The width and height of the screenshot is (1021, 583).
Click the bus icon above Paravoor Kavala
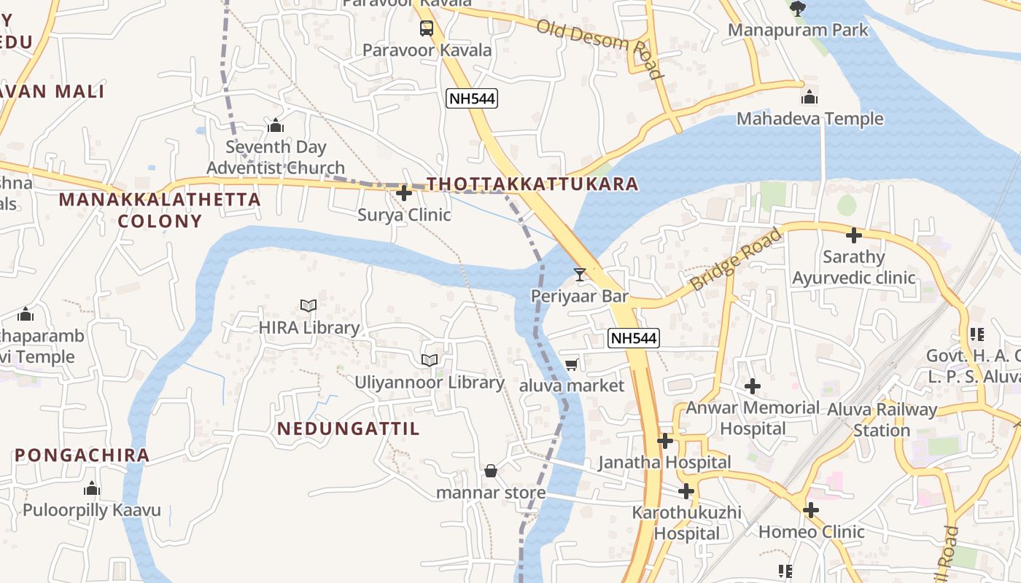click(427, 28)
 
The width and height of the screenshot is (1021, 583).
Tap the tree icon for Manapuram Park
click(798, 9)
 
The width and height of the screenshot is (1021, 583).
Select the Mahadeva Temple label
click(810, 119)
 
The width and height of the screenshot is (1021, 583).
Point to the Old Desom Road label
click(599, 48)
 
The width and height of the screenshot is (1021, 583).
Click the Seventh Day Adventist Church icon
click(275, 126)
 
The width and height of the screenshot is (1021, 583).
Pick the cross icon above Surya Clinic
click(404, 193)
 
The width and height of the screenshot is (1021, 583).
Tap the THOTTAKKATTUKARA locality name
click(532, 184)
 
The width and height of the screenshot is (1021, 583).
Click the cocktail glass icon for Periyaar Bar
click(580, 275)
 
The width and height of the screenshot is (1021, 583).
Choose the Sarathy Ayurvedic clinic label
click(853, 267)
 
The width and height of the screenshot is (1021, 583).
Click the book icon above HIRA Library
click(308, 306)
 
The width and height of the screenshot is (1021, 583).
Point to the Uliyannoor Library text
click(430, 383)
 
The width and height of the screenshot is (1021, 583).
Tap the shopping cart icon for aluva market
click(572, 364)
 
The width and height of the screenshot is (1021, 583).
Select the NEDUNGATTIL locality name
click(349, 429)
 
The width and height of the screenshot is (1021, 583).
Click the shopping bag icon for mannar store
click(491, 471)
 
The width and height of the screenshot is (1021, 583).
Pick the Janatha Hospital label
click(664, 462)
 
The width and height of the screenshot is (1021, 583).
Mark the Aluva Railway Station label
click(882, 420)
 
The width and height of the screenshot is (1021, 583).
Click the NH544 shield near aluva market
click(634, 338)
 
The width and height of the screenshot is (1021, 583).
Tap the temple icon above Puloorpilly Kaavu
click(92, 488)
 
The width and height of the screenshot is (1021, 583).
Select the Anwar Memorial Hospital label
click(753, 418)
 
